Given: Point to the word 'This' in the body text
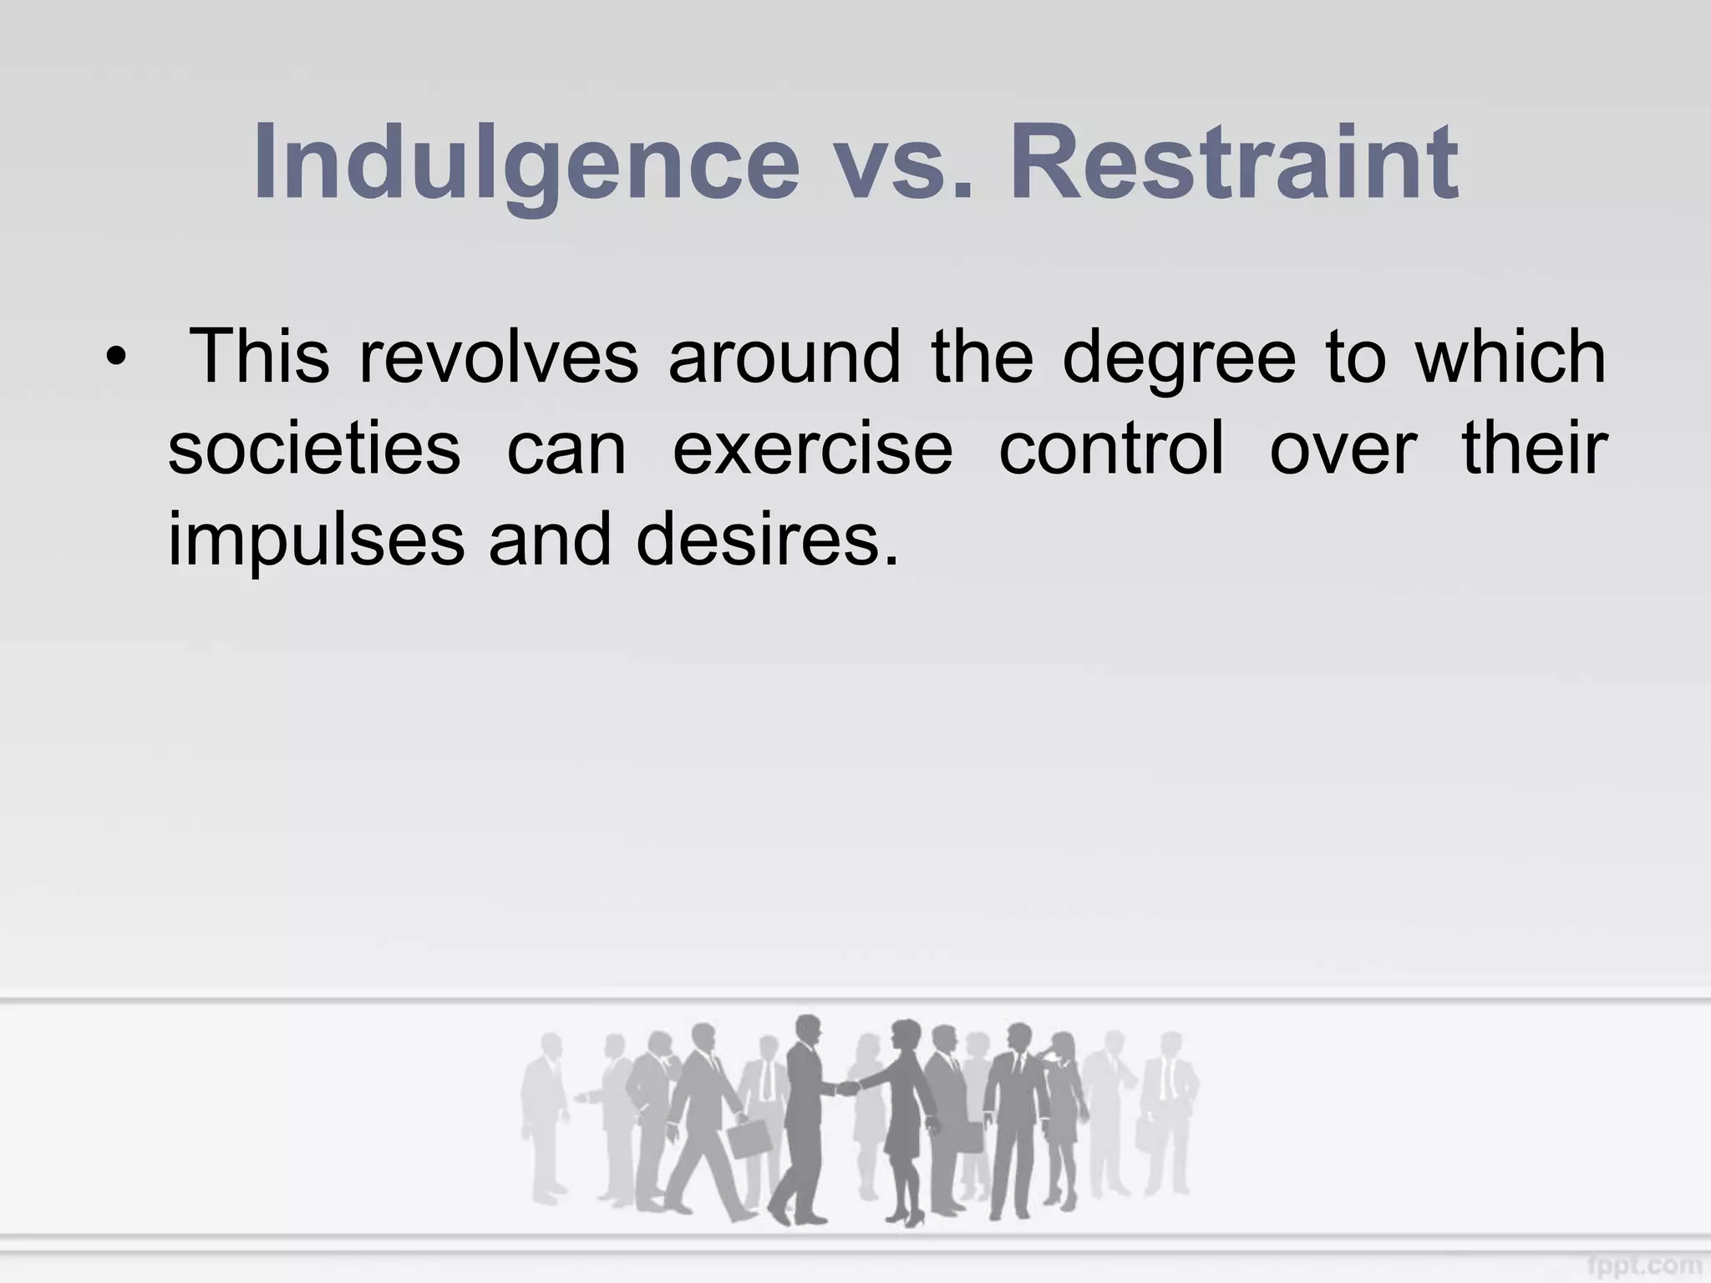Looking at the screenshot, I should tap(260, 357).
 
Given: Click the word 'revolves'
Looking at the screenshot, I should tap(499, 357).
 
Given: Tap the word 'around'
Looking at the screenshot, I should tap(784, 357).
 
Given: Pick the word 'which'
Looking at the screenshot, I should tap(1510, 357).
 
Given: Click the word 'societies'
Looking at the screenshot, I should tap(314, 449).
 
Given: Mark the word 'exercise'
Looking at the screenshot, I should tap(812, 449).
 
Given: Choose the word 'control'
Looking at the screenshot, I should tap(1111, 449).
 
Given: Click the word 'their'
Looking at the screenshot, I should tap(1535, 449).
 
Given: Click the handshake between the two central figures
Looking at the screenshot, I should tap(847, 1088).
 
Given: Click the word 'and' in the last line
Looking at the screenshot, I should tap(551, 540).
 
